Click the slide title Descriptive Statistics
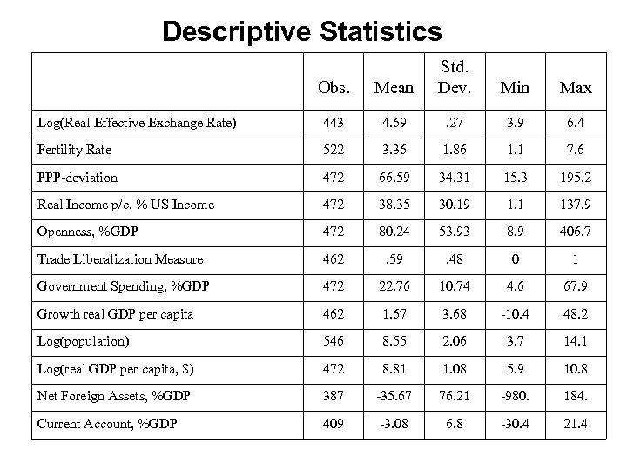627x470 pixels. [301, 31]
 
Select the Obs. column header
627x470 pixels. [334, 88]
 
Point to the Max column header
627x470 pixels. [576, 88]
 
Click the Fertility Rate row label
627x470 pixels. [74, 150]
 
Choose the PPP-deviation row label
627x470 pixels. [78, 177]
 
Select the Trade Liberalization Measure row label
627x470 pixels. [120, 258]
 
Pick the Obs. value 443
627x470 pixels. [334, 122]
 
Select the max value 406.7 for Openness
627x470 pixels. [576, 232]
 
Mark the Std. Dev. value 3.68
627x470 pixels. [454, 313]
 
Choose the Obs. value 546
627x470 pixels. [334, 340]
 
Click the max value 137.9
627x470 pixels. [576, 205]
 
